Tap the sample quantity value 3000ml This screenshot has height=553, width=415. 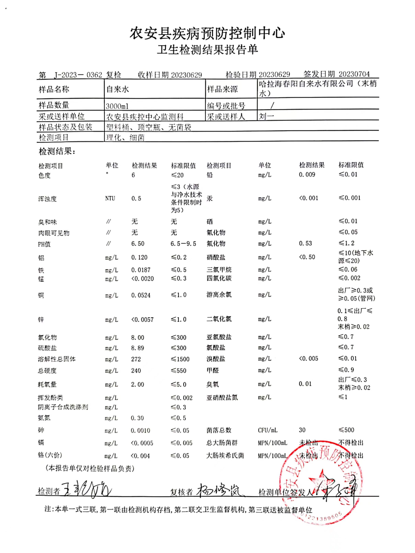(117, 106)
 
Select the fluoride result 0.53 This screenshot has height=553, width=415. (305, 243)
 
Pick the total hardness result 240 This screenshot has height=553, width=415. (136, 370)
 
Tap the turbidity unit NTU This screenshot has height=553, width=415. (110, 198)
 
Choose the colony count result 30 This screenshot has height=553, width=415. (302, 430)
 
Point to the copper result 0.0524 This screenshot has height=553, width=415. (141, 295)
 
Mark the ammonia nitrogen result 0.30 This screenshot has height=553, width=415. (137, 418)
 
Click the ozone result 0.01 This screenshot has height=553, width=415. (305, 384)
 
